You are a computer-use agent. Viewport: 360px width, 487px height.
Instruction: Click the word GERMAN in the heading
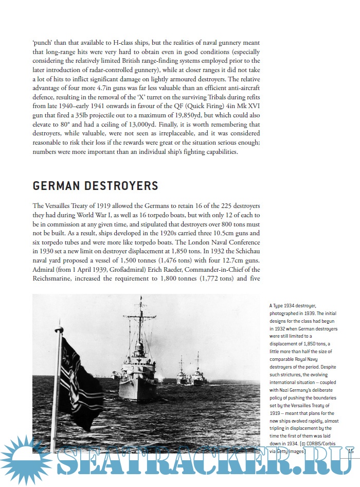click(56, 185)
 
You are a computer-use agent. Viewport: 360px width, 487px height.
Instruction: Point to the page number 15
click(351, 451)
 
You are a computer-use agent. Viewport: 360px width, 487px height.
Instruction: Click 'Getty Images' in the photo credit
click(291, 451)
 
